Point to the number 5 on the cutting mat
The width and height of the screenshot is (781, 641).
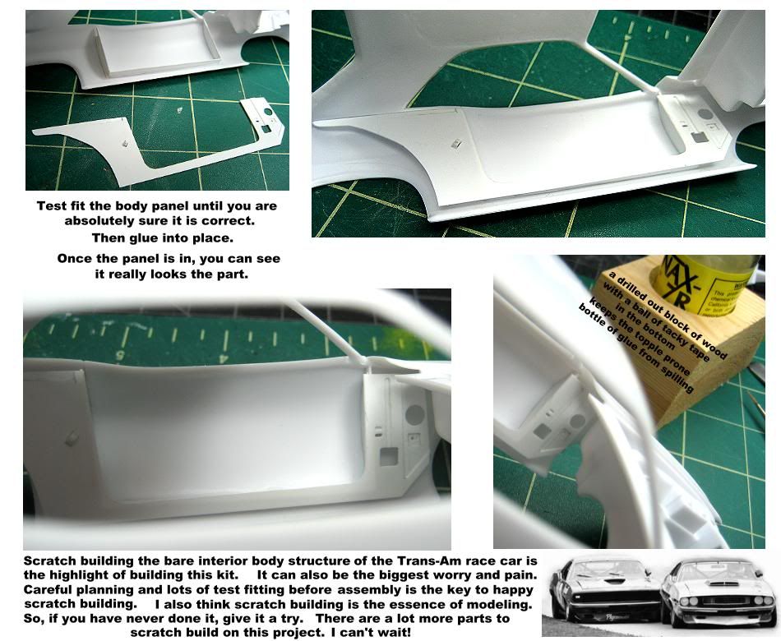[120, 355]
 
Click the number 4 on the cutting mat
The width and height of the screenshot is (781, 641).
[224, 357]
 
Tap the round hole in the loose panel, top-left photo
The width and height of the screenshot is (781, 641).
[268, 112]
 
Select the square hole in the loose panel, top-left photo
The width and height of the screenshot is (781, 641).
[266, 128]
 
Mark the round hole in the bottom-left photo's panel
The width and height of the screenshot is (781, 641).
[414, 413]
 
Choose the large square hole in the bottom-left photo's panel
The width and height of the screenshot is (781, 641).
[389, 456]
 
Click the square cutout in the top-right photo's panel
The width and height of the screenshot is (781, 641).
[698, 136]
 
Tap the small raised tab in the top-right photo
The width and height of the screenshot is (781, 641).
[456, 145]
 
